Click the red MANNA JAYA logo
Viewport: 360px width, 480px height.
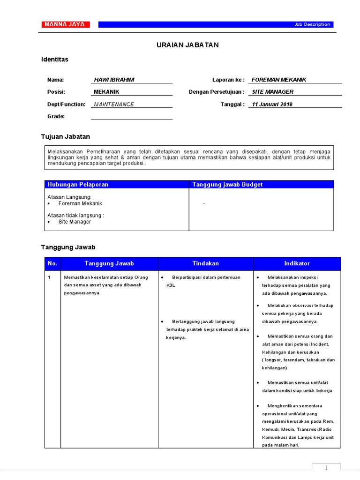[64, 24]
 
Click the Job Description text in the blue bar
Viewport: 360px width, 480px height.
[312, 24]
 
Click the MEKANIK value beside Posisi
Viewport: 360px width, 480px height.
[107, 92]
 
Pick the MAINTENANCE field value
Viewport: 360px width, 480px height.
[114, 104]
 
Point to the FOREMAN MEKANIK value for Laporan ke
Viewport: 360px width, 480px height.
[279, 80]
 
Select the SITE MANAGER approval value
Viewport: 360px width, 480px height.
[273, 92]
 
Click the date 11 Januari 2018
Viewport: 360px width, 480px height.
[272, 104]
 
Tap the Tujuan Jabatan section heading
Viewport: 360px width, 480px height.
[66, 136]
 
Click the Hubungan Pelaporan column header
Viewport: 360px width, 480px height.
[78, 184]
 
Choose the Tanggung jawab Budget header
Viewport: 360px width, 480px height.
[227, 184]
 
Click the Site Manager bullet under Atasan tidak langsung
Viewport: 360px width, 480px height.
[75, 222]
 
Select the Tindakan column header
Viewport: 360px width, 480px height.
[205, 263]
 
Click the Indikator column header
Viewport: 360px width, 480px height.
[297, 263]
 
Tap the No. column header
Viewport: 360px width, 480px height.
[52, 263]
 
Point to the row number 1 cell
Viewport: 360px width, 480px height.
[49, 277]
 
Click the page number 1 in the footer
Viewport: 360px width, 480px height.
[326, 467]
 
